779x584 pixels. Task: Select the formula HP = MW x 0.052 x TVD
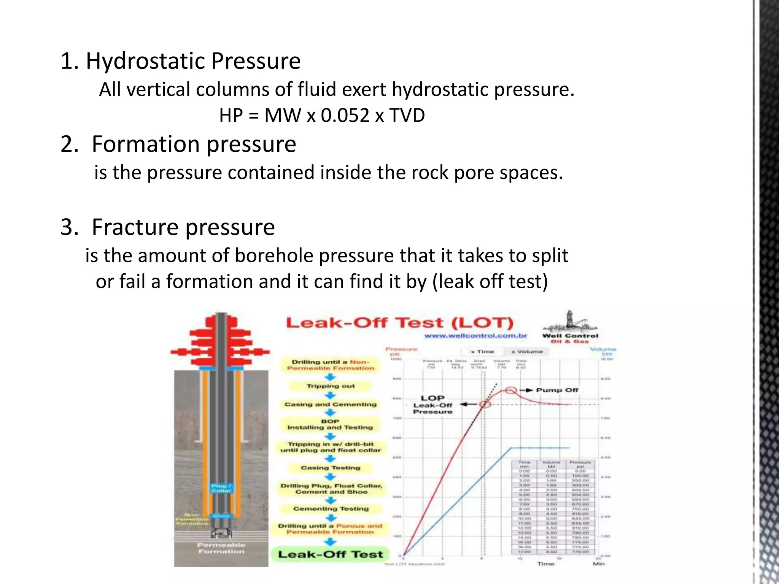[x=322, y=115]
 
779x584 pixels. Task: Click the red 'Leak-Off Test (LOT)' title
[x=399, y=323]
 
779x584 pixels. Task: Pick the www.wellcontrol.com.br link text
[x=475, y=336]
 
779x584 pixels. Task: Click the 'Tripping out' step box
[x=330, y=386]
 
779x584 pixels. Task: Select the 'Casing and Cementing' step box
[x=330, y=405]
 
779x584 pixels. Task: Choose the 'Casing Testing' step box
[x=330, y=468]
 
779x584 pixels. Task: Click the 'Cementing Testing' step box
[x=331, y=509]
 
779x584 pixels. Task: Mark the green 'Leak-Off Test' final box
[x=330, y=554]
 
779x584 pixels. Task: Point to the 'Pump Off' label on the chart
[x=557, y=390]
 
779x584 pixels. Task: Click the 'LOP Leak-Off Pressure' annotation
[x=432, y=405]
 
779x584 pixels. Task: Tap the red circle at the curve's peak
[x=511, y=390]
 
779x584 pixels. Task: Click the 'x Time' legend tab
[x=482, y=352]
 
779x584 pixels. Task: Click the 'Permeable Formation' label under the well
[x=221, y=548]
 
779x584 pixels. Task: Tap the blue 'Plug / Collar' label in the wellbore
[x=221, y=488]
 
